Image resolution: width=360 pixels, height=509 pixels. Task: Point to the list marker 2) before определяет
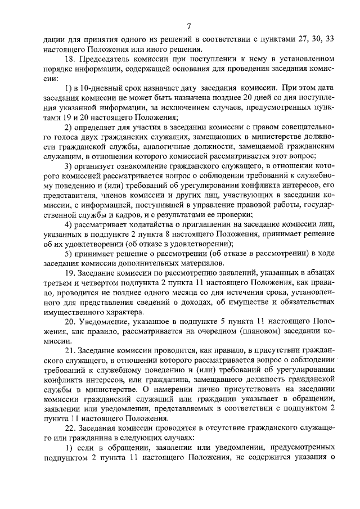coord(68,129)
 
